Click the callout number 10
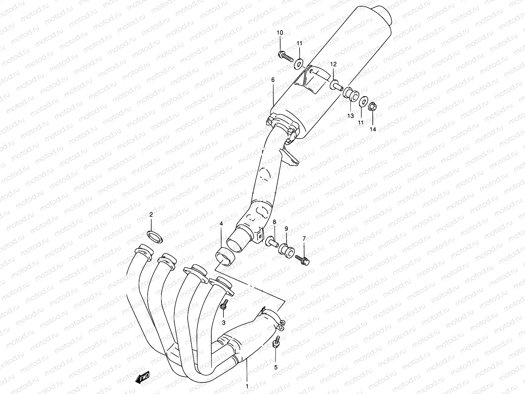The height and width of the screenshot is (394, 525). click(x=280, y=33)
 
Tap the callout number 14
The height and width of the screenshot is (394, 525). click(x=373, y=129)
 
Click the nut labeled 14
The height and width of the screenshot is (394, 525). click(x=373, y=107)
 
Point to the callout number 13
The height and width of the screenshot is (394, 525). click(x=350, y=116)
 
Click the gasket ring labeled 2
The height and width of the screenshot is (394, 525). click(x=156, y=236)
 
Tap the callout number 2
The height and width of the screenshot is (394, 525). click(x=151, y=215)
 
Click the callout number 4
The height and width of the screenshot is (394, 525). click(x=221, y=224)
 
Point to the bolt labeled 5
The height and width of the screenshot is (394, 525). click(x=276, y=342)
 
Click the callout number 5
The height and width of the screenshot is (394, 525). click(x=276, y=367)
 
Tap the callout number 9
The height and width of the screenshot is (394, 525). click(x=286, y=228)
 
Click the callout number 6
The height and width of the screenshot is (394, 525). click(x=273, y=80)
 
